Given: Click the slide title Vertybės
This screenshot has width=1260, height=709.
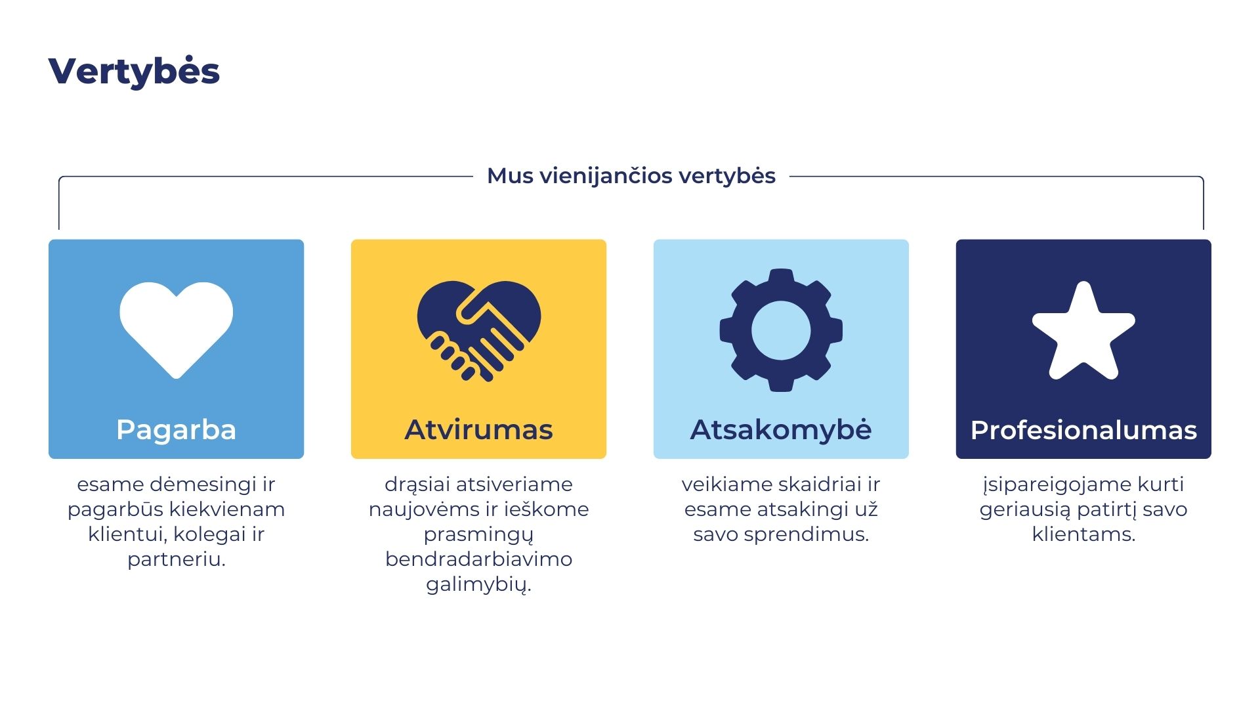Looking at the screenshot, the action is [134, 71].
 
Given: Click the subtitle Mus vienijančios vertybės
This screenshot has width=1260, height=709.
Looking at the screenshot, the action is [631, 176].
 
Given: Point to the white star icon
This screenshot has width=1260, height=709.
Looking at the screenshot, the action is [1083, 332].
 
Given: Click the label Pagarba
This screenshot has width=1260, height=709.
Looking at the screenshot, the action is [176, 430].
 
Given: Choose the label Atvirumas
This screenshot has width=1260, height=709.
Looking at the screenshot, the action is [479, 430].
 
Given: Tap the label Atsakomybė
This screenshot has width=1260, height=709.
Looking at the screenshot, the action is [781, 430].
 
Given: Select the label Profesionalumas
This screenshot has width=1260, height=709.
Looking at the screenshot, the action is [1083, 430].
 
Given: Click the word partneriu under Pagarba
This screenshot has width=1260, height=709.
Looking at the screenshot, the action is [177, 559].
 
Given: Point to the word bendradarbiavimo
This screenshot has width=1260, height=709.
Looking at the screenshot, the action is [478, 559].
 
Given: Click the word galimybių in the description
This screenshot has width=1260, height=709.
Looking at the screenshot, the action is [478, 584].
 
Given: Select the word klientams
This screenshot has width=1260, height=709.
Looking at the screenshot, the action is [1083, 534].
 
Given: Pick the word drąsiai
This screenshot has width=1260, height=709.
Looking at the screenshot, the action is [415, 484].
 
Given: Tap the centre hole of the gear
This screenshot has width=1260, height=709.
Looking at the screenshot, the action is [781, 330].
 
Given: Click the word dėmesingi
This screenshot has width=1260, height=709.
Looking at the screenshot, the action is [203, 484].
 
